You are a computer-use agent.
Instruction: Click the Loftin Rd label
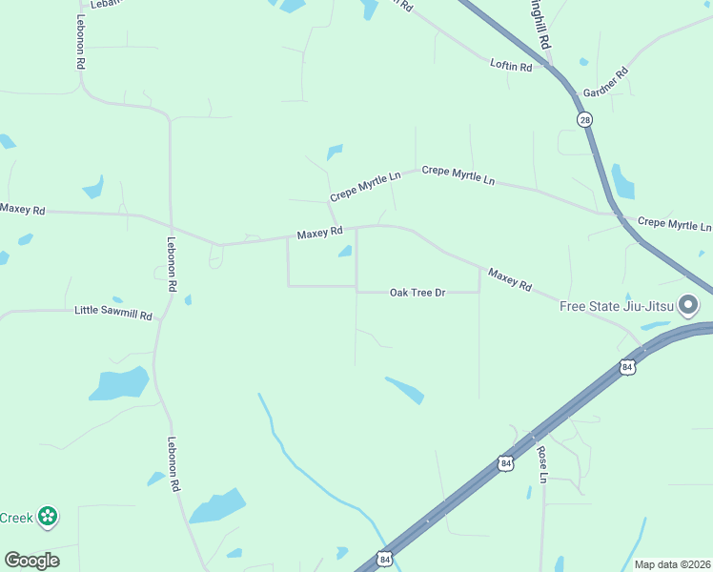pyautogui.click(x=511, y=64)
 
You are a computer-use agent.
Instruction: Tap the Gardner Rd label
pyautogui.click(x=606, y=81)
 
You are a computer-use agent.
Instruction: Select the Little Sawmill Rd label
pyautogui.click(x=113, y=312)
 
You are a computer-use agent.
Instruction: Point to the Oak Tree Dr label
pyautogui.click(x=418, y=293)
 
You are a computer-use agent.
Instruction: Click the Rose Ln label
pyautogui.click(x=542, y=463)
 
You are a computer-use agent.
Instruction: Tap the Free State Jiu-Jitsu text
pyautogui.click(x=616, y=306)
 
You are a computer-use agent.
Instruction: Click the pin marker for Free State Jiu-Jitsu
pyautogui.click(x=689, y=305)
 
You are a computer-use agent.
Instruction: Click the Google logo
pyautogui.click(x=31, y=561)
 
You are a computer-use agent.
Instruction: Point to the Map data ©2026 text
pyautogui.click(x=673, y=564)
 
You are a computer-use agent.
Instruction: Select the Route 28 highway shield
pyautogui.click(x=583, y=118)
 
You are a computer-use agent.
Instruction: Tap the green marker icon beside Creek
pyautogui.click(x=47, y=518)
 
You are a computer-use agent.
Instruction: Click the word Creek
pyautogui.click(x=16, y=519)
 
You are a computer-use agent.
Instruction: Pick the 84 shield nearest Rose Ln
pyautogui.click(x=505, y=463)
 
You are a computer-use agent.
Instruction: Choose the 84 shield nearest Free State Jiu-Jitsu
pyautogui.click(x=626, y=366)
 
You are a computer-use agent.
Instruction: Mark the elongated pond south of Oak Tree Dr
pyautogui.click(x=405, y=390)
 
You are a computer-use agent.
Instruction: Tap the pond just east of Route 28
pyautogui.click(x=622, y=181)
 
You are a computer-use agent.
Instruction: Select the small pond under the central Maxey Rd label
pyautogui.click(x=344, y=252)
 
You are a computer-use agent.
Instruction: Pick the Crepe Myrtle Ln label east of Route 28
pyautogui.click(x=674, y=224)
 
